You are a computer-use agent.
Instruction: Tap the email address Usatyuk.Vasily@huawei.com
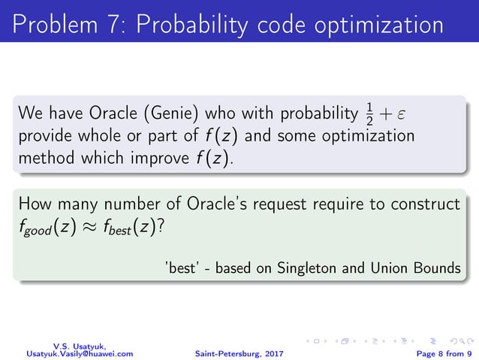click(x=80, y=352)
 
